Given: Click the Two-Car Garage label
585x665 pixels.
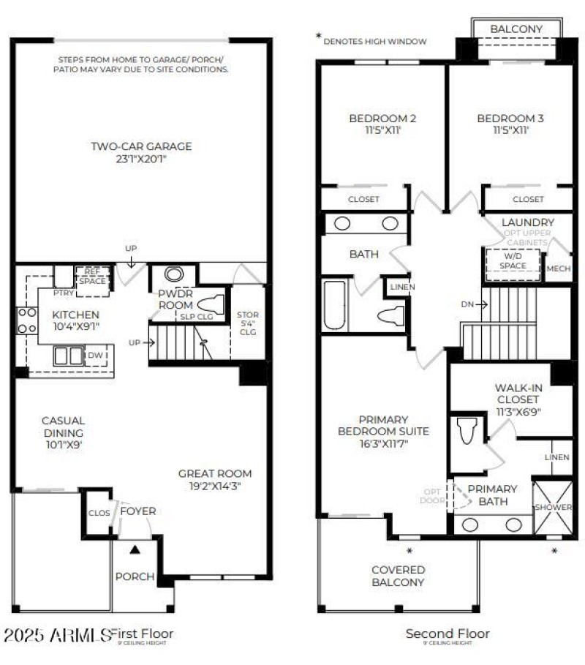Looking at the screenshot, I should point(141,146).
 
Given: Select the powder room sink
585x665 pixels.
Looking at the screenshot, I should point(174,274).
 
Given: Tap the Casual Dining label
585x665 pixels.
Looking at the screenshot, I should point(63,426).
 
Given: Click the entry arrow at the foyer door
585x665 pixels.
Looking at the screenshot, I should point(134,547).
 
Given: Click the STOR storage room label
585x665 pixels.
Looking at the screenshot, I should point(249,322).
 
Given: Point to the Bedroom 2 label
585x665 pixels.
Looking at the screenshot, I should point(382,119).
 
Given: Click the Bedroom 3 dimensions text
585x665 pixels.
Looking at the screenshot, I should point(510,131).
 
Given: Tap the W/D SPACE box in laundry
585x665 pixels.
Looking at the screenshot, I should point(513,261).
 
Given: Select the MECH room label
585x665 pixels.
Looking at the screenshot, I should point(559,268).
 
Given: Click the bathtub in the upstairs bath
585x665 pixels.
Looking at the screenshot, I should point(336,306).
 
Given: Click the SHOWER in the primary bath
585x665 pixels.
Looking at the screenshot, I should point(552,507).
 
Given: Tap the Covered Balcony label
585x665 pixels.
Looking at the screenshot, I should point(398,576).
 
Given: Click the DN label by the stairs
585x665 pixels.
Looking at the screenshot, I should point(468,304).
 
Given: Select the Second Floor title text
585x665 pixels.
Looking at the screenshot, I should point(448,634).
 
